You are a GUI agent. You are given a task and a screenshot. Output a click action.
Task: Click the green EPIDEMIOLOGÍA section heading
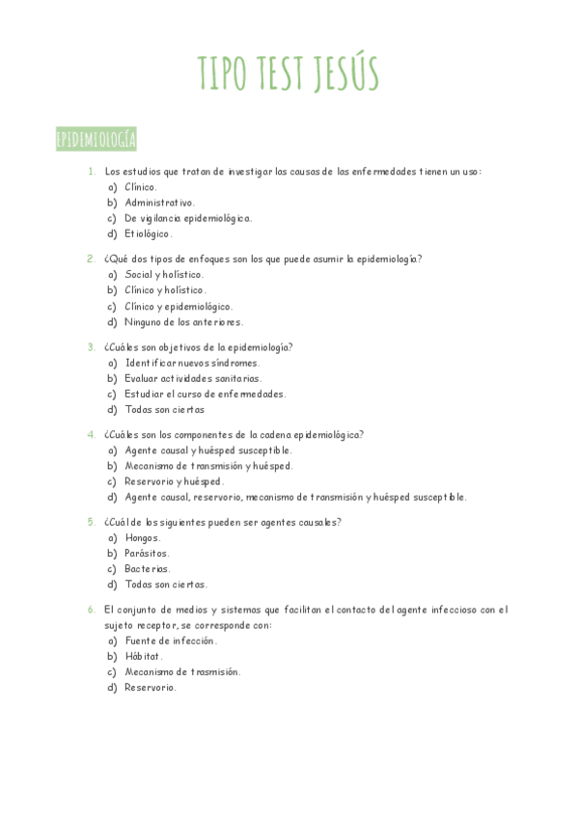(96, 140)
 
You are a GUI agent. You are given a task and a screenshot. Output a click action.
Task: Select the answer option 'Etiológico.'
(149, 233)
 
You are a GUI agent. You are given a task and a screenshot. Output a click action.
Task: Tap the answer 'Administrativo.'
(159, 203)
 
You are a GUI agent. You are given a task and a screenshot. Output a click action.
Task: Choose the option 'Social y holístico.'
(164, 275)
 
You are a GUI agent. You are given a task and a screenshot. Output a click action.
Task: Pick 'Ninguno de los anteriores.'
(183, 322)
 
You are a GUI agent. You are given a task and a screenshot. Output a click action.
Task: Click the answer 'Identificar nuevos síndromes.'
(192, 363)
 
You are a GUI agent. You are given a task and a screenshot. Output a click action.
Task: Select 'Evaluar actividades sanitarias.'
(193, 378)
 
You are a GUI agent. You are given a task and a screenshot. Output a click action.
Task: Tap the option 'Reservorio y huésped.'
(174, 481)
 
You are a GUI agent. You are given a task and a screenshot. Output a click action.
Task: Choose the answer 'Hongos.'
(143, 537)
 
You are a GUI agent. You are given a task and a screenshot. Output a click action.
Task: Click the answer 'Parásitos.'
(147, 554)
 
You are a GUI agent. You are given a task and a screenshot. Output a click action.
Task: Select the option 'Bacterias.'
(147, 569)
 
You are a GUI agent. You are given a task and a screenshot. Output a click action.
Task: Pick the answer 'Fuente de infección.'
(171, 641)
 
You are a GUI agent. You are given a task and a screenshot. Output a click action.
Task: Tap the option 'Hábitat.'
(144, 656)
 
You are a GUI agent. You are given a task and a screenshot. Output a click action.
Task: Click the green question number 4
(91, 434)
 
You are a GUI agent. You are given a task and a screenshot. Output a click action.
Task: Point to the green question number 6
(91, 610)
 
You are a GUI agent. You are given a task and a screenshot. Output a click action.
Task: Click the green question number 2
(91, 259)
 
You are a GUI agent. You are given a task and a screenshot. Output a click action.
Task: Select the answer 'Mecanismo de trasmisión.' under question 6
(182, 671)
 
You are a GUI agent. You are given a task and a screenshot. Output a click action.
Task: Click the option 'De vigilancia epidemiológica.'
(188, 218)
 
